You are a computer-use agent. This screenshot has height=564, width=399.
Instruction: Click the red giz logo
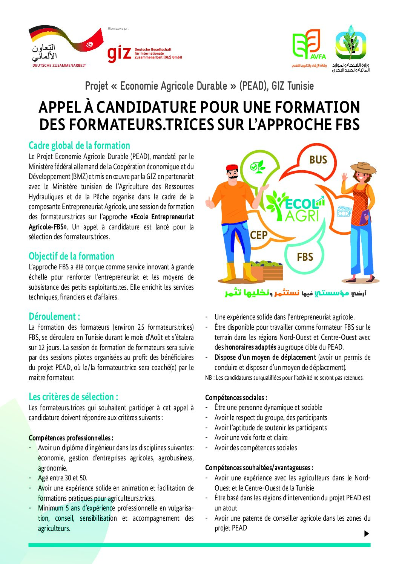tap(119, 54)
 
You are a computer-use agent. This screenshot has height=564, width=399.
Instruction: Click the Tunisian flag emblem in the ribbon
tap(90, 44)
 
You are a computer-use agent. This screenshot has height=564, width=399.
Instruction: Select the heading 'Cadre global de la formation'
tap(79, 146)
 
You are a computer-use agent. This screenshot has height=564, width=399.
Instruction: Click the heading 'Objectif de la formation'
tap(71, 256)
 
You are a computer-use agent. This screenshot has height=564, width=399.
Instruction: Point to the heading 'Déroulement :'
tap(54, 316)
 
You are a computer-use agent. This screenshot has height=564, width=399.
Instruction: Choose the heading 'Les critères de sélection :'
tap(73, 397)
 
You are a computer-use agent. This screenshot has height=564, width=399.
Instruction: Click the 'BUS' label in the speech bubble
tap(318, 160)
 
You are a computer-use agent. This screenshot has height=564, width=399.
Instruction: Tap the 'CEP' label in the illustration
tap(259, 235)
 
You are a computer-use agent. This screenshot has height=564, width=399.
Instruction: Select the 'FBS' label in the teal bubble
tap(305, 257)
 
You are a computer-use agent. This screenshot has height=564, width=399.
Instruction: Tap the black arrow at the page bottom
tap(366, 533)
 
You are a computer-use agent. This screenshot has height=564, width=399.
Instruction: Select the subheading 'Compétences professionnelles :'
tap(71, 438)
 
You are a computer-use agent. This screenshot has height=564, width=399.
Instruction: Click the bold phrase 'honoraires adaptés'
tap(250, 347)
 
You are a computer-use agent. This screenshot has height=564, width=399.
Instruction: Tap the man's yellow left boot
tap(231, 272)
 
